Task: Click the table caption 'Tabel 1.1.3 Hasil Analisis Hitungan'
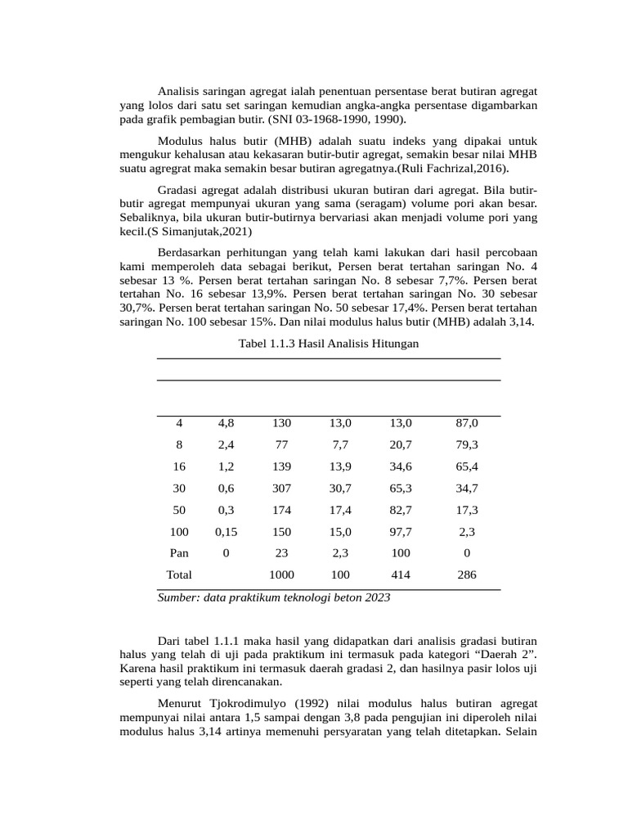tap(328, 344)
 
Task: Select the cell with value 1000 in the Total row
tap(281, 574)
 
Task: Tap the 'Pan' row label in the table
tap(179, 553)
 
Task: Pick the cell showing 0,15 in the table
tap(226, 532)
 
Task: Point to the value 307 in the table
tap(281, 489)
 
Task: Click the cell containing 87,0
tap(467, 423)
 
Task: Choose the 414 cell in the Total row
tap(401, 574)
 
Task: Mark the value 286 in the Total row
tap(467, 574)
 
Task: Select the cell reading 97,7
tap(401, 532)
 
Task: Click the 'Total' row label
tap(179, 574)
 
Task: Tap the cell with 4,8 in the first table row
tap(226, 423)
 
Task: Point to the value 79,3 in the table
tap(467, 445)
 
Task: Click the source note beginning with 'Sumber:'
tap(273, 597)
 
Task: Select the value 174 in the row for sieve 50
tap(281, 510)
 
